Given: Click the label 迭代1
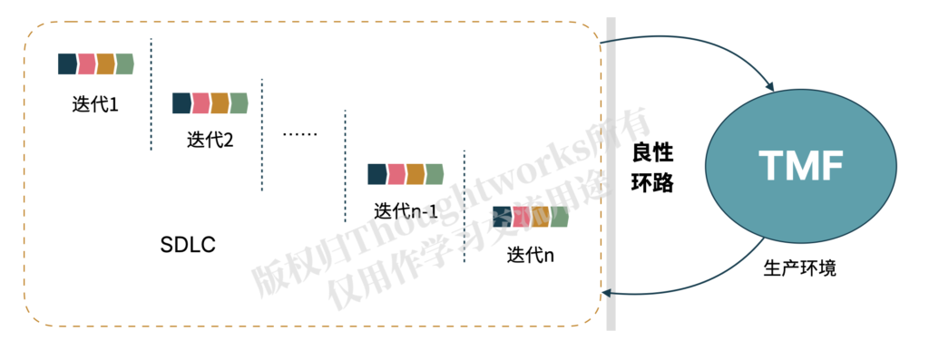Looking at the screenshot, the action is [x=95, y=103].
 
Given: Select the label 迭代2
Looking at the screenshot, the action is [x=210, y=141].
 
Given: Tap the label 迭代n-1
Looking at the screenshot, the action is [x=406, y=211].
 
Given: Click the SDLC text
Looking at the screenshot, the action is [x=187, y=245].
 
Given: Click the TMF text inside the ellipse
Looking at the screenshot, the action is [x=801, y=167].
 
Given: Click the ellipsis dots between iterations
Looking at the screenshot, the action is [x=299, y=134].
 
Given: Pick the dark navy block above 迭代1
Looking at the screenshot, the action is [x=67, y=63].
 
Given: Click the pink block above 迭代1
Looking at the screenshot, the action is [x=87, y=63].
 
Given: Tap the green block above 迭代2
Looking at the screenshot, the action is [x=240, y=103].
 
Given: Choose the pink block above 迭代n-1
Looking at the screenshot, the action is [x=396, y=173].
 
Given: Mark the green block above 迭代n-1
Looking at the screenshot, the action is [x=435, y=173].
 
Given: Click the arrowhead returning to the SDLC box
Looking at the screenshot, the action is [x=607, y=292].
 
